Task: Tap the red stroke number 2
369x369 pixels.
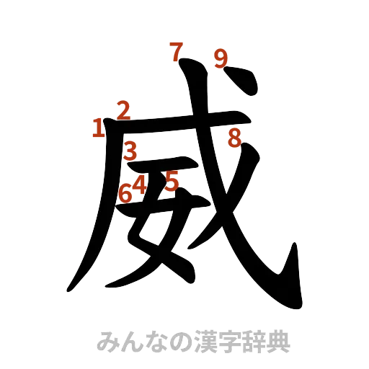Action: (x=123, y=110)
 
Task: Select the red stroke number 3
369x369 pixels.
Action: (x=130, y=151)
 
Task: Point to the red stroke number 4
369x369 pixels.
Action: (x=139, y=184)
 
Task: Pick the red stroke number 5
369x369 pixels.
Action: (x=170, y=180)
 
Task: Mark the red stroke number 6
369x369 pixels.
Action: (x=125, y=192)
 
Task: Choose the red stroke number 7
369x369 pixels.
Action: (x=175, y=52)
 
